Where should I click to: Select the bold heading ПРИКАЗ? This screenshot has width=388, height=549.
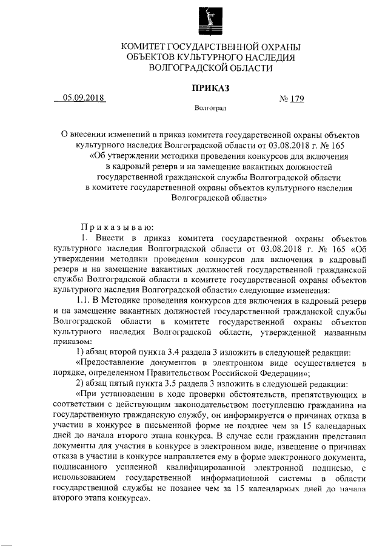(210, 89)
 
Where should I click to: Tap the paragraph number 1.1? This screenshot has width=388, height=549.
(82, 300)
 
